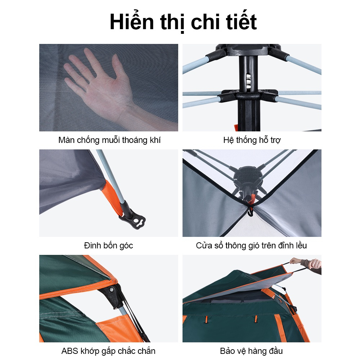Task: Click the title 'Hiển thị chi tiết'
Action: tap(183, 22)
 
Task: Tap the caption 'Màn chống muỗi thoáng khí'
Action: tap(109, 140)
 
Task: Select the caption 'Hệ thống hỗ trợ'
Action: tap(252, 140)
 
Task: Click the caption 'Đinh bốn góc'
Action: tap(108, 246)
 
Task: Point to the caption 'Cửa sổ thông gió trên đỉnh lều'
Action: tap(251, 246)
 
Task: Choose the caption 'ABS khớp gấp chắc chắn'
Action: tap(108, 351)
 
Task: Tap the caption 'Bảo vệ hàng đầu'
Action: tap(251, 351)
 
